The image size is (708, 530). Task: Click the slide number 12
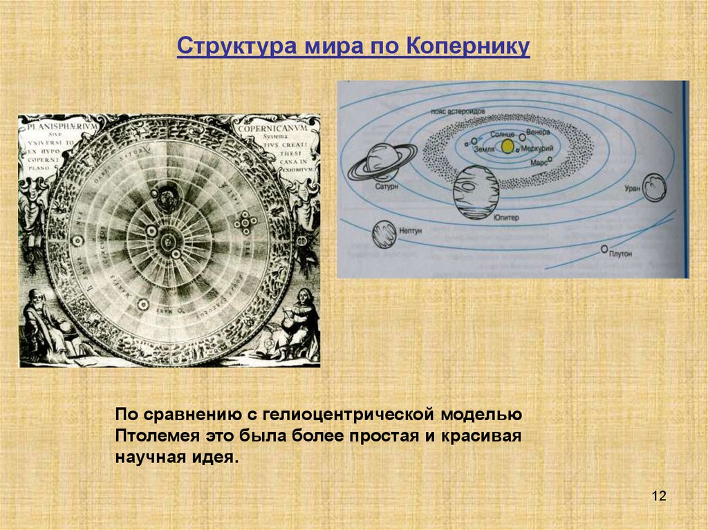click(658, 496)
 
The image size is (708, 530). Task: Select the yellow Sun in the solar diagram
click(508, 146)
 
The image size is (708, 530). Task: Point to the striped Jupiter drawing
click(476, 191)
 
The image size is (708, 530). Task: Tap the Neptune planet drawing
click(384, 234)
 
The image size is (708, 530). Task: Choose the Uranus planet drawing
click(653, 187)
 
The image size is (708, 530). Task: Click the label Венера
click(537, 131)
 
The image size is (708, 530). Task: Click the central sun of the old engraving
click(167, 240)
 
